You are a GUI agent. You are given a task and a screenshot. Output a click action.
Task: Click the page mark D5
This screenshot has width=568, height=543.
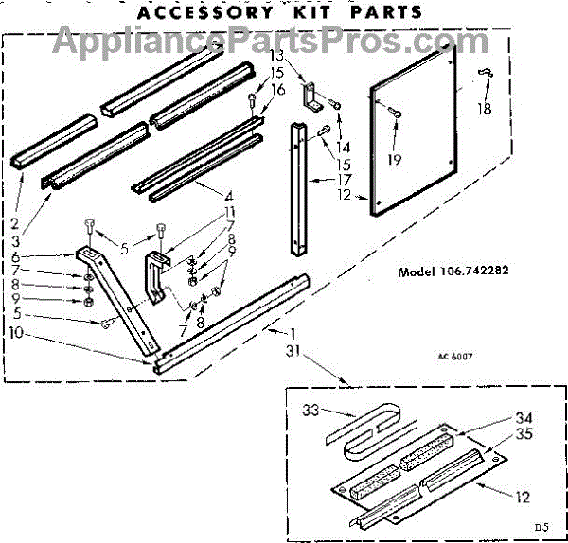(541, 526)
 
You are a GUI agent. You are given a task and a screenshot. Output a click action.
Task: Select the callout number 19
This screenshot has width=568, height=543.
(394, 160)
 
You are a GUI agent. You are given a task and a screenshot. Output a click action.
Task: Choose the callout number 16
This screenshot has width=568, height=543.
(276, 90)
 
